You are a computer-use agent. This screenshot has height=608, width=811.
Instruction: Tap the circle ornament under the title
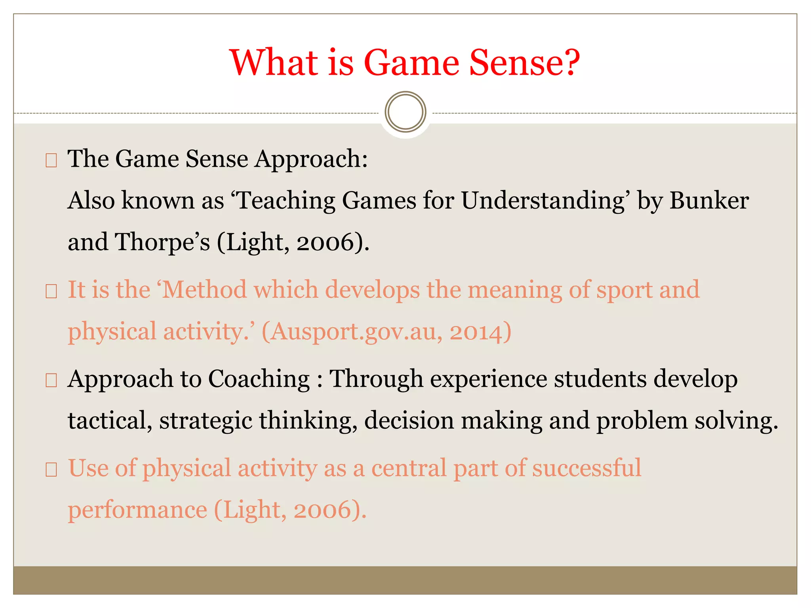click(405, 112)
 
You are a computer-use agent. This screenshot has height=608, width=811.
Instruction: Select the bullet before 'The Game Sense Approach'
click(51, 161)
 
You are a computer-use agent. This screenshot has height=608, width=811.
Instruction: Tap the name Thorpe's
click(162, 242)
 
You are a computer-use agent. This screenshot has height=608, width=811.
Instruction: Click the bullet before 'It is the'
click(51, 292)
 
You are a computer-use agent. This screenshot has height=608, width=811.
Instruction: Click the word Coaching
click(259, 379)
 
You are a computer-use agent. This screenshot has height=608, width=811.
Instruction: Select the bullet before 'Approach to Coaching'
click(51, 381)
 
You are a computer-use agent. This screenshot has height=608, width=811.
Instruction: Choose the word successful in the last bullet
click(586, 468)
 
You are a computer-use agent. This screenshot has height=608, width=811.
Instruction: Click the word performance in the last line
click(137, 510)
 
